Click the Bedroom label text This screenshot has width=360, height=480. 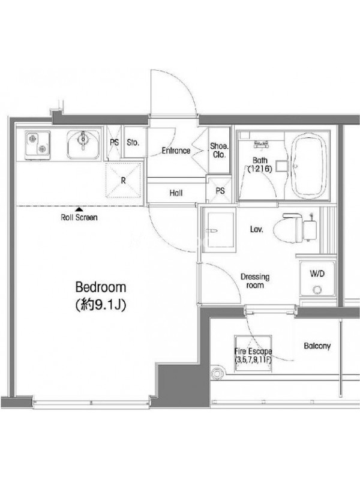[x=101, y=287]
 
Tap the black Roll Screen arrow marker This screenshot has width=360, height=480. [x=79, y=209]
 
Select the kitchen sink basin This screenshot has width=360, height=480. [x=83, y=144]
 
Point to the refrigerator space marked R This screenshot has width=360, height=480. [x=123, y=181]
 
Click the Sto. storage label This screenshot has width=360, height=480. [x=133, y=142]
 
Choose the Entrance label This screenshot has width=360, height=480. [x=176, y=151]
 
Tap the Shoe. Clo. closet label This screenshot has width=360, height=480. [x=219, y=151]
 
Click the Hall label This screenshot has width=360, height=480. [x=176, y=193]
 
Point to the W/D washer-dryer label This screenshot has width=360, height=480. [x=317, y=274]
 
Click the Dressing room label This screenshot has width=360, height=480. [x=255, y=281]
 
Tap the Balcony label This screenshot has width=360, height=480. [x=317, y=346]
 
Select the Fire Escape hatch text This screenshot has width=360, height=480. [x=253, y=355]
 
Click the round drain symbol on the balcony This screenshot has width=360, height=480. [x=217, y=373]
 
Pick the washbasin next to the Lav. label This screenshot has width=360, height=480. [x=219, y=230]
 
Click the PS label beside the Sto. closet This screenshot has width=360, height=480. [x=115, y=142]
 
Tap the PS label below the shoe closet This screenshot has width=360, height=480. [x=220, y=191]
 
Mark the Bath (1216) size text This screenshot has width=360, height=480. [x=260, y=164]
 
